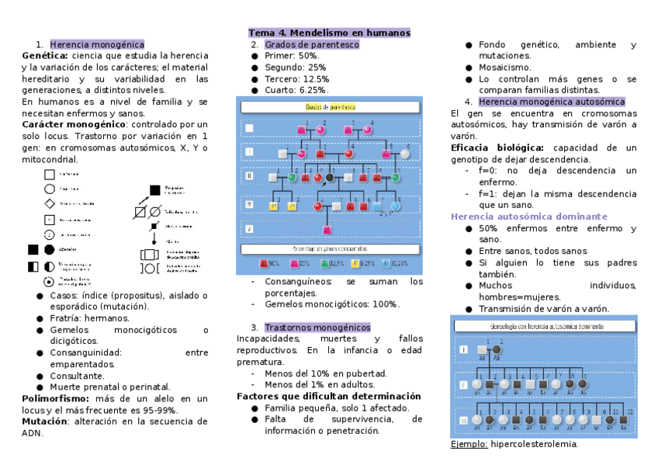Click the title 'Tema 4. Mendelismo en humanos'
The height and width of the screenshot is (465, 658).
coord(329,33)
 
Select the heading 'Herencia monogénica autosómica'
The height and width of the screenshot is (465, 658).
coord(552,102)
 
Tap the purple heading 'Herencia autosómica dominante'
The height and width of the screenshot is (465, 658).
coord(529,217)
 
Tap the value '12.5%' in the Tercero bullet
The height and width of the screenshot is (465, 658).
coord(316,79)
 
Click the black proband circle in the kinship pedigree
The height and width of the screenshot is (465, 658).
coord(330,178)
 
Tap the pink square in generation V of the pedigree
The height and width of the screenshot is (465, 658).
coord(327,230)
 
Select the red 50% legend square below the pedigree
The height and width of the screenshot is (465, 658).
coord(265,263)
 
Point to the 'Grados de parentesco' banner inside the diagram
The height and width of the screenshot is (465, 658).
coord(331,106)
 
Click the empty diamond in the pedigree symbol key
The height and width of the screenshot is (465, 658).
coord(50,203)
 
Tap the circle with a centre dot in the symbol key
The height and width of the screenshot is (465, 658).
coord(50,281)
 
